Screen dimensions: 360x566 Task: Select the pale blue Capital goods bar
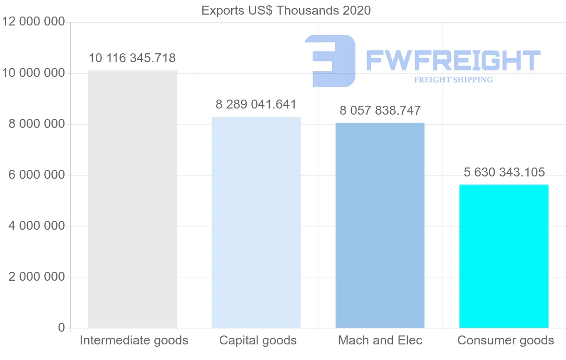point(256,222)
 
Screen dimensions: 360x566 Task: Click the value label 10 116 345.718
point(132,59)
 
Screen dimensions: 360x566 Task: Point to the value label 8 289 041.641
point(256,104)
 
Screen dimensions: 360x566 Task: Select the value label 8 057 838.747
point(380,110)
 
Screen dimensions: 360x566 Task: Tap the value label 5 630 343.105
point(504,172)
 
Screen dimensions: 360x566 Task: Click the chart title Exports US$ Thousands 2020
point(286,10)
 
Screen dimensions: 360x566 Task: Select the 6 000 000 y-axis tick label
point(37,175)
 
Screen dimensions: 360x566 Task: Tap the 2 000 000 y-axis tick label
point(37,277)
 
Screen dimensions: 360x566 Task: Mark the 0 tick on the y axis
point(61,327)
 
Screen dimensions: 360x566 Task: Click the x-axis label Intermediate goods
point(134,340)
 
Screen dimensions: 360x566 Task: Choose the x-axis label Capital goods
point(258,340)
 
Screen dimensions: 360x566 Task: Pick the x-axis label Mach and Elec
point(380,340)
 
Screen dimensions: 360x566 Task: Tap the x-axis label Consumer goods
point(506,340)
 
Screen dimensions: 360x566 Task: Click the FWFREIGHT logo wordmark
point(453,60)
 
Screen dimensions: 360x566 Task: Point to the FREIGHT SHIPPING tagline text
point(453,80)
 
